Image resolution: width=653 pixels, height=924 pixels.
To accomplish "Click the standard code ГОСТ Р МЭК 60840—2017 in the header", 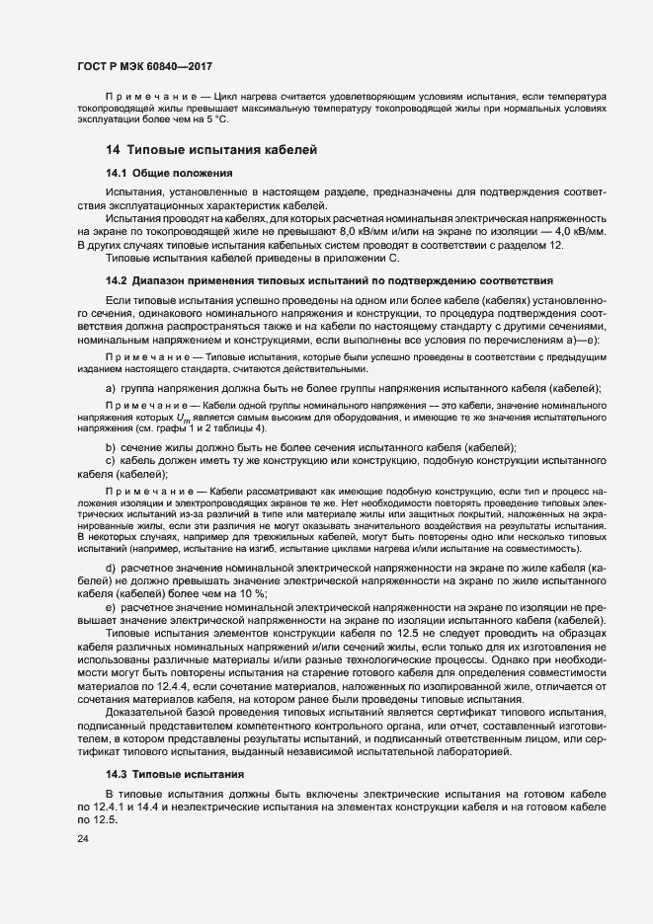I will pos(145,64).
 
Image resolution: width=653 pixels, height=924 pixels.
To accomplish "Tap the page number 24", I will pos(82,839).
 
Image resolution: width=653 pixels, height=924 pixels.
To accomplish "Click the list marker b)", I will pos(112,448).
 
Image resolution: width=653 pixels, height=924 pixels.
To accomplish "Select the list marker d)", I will pos(112,568).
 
